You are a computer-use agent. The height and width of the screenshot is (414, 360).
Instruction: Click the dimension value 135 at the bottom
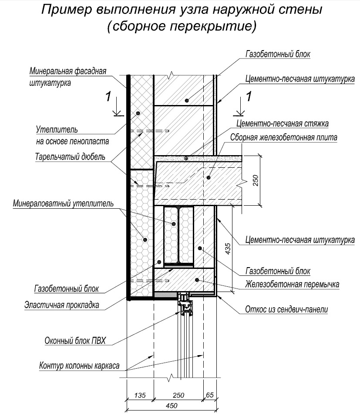coord(140,395)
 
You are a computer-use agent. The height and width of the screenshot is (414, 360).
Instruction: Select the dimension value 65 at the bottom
coord(210,395)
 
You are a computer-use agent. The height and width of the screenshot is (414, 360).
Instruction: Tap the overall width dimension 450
coord(172,406)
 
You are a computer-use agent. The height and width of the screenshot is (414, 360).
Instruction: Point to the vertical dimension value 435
coord(227,249)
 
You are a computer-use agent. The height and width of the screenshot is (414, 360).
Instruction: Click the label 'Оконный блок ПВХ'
coord(75,341)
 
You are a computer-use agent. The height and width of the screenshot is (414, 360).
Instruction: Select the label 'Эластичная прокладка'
coord(62,305)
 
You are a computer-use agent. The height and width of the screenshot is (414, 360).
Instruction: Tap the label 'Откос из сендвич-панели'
coord(286,309)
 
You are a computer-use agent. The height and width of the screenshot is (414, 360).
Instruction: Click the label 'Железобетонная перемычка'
coord(292,284)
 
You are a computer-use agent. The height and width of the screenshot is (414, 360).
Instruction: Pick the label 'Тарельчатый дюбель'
coord(70,156)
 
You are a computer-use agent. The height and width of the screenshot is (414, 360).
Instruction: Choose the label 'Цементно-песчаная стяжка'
coord(283,123)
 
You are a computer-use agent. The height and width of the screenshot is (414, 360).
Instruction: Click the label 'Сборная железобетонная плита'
coord(284,137)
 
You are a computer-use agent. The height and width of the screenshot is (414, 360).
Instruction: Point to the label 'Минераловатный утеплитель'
coord(63,204)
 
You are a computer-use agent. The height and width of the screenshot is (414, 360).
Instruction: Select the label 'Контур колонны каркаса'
coord(79,366)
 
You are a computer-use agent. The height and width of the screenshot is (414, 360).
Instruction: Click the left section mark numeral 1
coord(108,96)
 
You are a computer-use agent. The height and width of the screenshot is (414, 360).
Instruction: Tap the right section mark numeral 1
coord(249,96)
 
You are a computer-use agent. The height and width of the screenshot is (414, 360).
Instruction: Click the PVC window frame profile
coord(186,304)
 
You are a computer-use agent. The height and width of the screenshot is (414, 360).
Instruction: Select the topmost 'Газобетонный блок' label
coord(278,54)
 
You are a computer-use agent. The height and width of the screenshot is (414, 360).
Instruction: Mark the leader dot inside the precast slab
coord(209,177)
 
